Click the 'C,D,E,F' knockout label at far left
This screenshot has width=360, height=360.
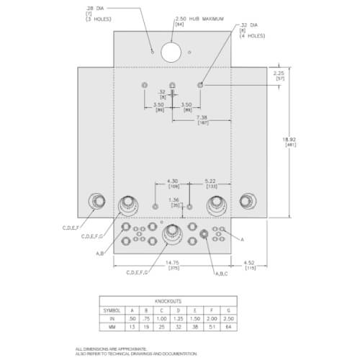point(74,228)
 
